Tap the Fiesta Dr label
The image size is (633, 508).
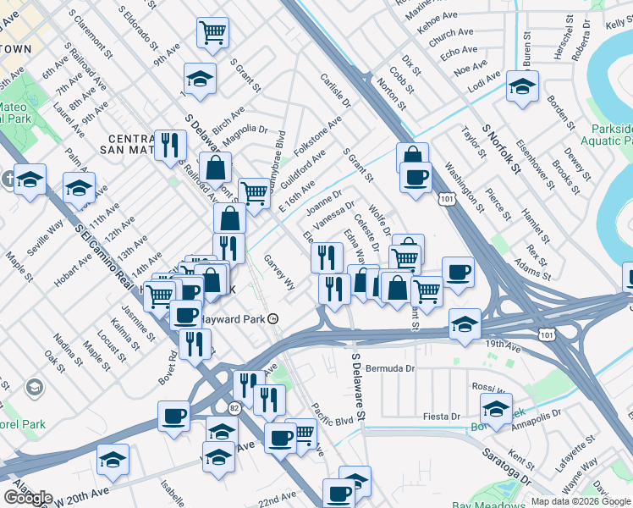[x=443, y=417]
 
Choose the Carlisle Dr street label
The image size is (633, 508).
[x=335, y=91]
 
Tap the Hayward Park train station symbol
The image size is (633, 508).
[x=273, y=318]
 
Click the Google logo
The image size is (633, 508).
[x=28, y=498]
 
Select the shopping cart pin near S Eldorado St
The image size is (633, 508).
[x=212, y=33]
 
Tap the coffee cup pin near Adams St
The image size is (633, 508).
[x=458, y=272]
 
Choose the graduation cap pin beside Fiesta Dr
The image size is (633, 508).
[x=495, y=408]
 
